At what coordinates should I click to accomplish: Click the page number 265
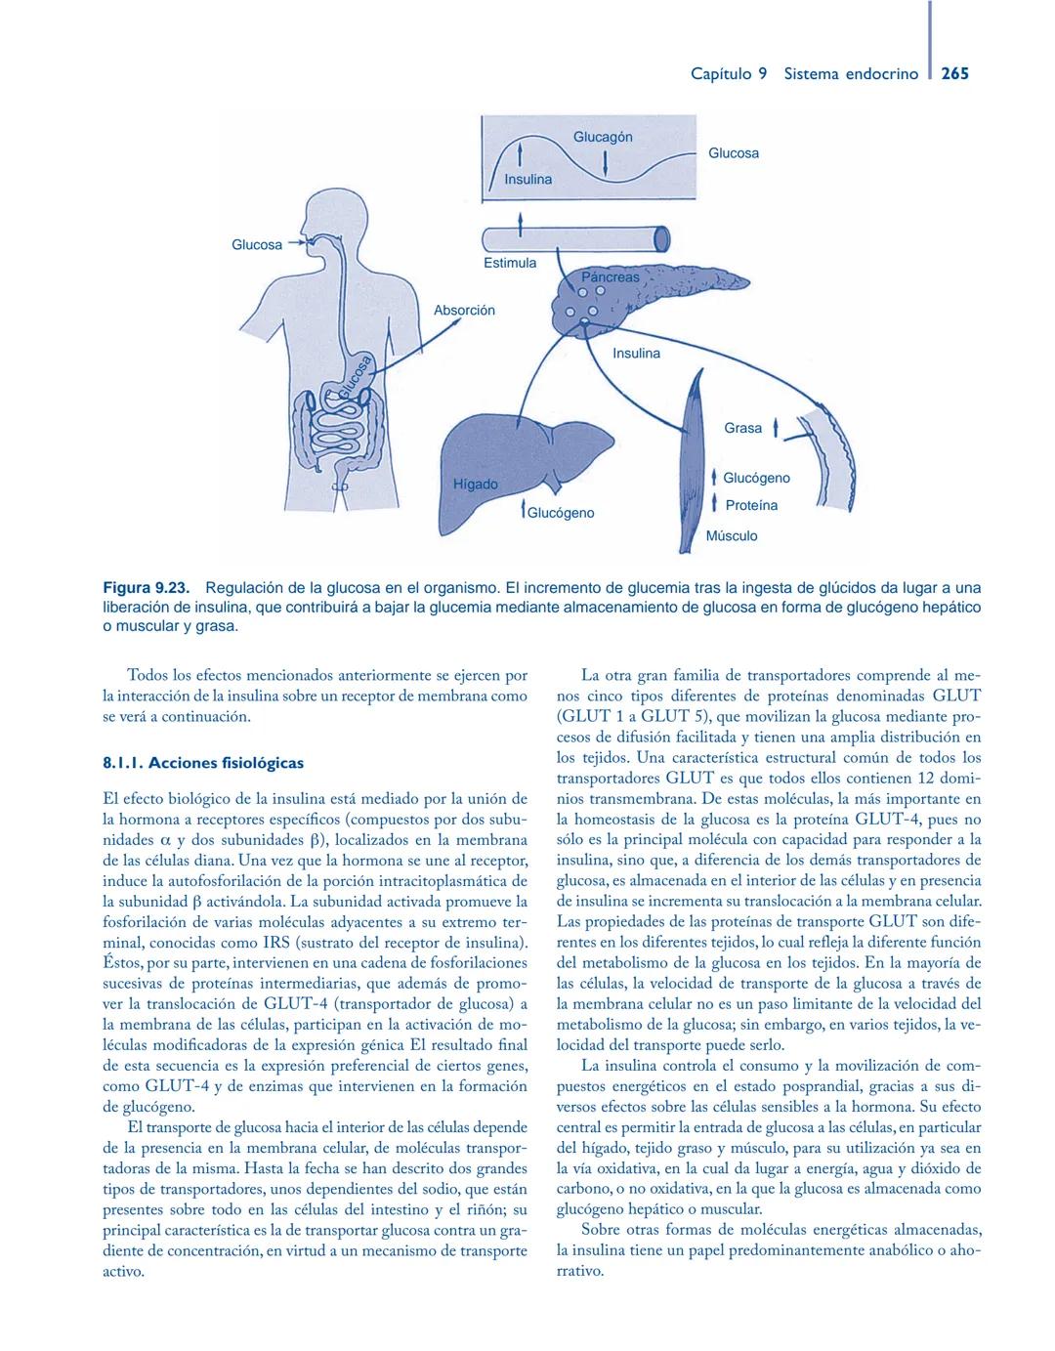click(954, 73)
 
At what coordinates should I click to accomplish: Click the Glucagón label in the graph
click(602, 137)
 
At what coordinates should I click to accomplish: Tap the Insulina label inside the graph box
click(527, 179)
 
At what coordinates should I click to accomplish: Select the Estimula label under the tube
click(510, 263)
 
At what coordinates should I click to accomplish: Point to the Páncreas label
click(611, 276)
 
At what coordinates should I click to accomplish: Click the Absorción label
click(464, 310)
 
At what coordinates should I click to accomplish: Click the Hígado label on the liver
click(476, 484)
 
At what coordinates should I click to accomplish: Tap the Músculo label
click(731, 535)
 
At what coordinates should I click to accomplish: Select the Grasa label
click(742, 428)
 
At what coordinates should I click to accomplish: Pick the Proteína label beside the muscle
click(751, 505)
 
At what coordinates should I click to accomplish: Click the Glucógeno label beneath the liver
click(561, 513)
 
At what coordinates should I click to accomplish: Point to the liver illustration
click(518, 459)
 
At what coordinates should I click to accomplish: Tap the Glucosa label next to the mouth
click(256, 244)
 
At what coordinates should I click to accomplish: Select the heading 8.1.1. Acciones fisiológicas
click(203, 763)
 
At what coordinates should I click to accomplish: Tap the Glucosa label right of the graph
click(733, 153)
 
